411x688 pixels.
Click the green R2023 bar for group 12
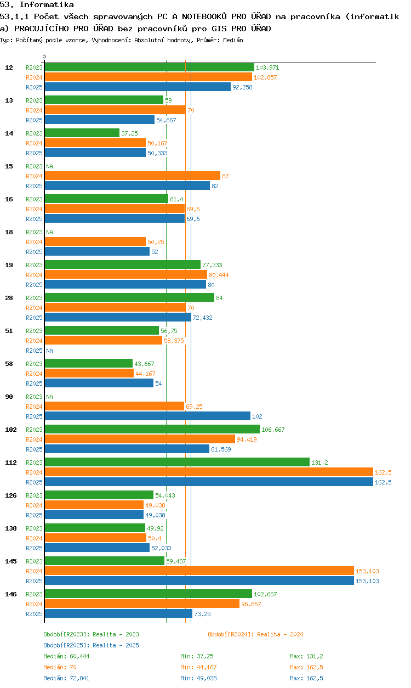(150, 67)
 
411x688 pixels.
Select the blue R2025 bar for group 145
(199, 581)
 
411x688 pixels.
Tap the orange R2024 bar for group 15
(133, 176)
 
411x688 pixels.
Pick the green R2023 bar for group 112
(177, 463)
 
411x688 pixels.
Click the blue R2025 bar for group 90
(147, 416)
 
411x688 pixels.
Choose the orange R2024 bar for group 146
(142, 604)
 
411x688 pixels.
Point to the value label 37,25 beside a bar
(129, 133)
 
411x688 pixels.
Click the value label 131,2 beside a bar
(319, 463)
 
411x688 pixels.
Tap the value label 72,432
(202, 318)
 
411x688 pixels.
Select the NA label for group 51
(49, 351)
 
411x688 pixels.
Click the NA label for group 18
(49, 232)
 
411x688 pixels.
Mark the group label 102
(11, 430)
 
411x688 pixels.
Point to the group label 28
(9, 298)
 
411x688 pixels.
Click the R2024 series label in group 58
(34, 374)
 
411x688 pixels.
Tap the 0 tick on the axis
(44, 57)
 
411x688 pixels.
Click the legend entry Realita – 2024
(255, 635)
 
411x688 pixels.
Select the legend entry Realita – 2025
(91, 645)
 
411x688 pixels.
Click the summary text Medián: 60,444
(66, 656)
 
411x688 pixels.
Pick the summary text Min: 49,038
(198, 678)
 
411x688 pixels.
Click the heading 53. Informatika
(37, 4)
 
